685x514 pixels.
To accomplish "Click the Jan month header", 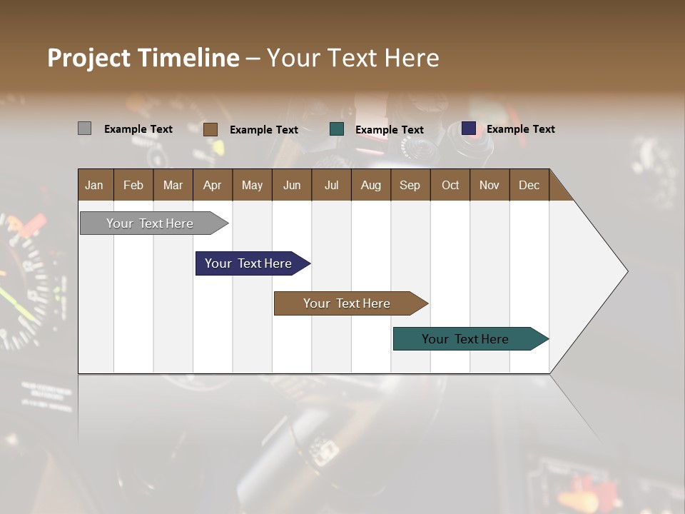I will pos(95,185).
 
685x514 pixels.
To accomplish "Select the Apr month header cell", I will pos(212,185).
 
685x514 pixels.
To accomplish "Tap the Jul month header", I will pos(331,185).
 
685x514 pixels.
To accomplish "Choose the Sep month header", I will pos(410,185).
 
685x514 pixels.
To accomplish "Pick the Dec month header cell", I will pos(529,185).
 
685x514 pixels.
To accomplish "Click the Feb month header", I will pos(133,185).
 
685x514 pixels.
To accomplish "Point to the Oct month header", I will pos(450,185).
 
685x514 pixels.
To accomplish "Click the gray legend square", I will pos(84,128).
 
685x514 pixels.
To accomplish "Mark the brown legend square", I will pos(210,129).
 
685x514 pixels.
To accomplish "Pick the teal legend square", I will pos(337,129).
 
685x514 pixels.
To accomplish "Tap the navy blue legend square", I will pos(469,128).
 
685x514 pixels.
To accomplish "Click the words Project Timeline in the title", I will pos(143,58).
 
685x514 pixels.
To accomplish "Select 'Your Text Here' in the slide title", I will pos(353,58).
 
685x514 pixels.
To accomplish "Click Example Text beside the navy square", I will pos(520,129).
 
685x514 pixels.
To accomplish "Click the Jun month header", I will pos(292,185).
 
